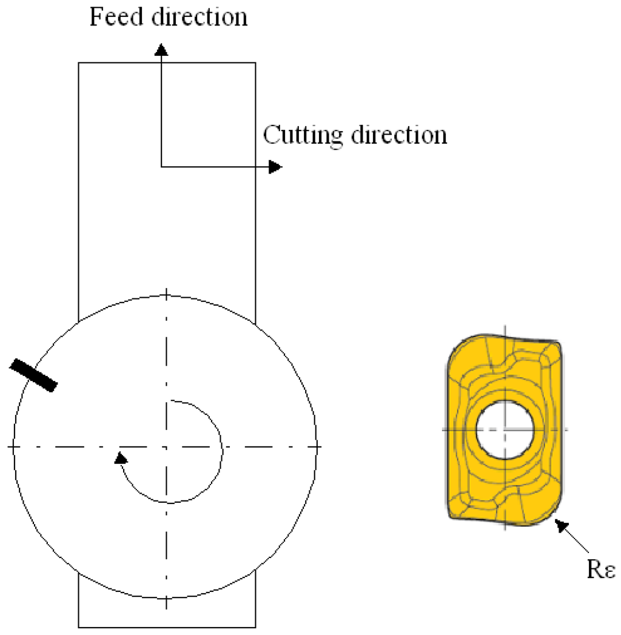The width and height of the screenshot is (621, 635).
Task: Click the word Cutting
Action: point(303,134)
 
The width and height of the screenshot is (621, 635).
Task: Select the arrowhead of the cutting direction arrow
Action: point(276,166)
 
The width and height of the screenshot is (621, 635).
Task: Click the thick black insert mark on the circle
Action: point(33,375)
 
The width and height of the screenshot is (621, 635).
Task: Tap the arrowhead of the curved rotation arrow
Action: point(121,457)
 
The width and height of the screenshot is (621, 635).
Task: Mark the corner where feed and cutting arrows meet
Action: point(161,166)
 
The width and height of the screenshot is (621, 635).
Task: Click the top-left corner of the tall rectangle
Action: point(79,62)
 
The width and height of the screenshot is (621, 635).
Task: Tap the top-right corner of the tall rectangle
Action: point(255,62)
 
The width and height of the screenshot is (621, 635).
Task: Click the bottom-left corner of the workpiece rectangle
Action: point(79,627)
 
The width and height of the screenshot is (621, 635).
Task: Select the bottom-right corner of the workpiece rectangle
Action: point(255,627)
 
